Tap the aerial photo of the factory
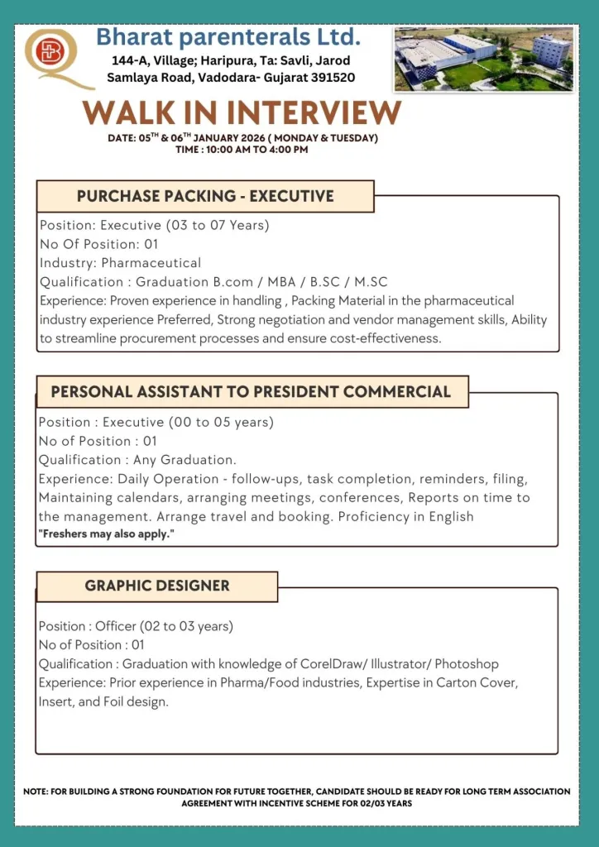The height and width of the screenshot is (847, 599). (x=483, y=58)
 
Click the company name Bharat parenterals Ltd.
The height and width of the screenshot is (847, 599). (x=228, y=37)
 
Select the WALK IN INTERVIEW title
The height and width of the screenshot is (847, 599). (x=242, y=112)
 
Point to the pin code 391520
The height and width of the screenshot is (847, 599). (x=329, y=77)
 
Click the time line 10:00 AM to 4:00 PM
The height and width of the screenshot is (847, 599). (x=242, y=150)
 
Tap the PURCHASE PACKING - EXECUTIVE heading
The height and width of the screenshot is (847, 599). (x=205, y=196)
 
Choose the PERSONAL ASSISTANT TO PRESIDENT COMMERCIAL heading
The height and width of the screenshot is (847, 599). (x=252, y=391)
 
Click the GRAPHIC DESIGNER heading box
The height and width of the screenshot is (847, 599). (x=157, y=586)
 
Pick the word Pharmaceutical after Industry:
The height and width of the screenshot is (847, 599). (x=151, y=263)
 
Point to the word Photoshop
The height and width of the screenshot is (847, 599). (x=467, y=664)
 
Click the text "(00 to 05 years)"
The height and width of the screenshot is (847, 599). (x=221, y=422)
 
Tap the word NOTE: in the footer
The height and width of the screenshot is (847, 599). (x=36, y=792)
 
